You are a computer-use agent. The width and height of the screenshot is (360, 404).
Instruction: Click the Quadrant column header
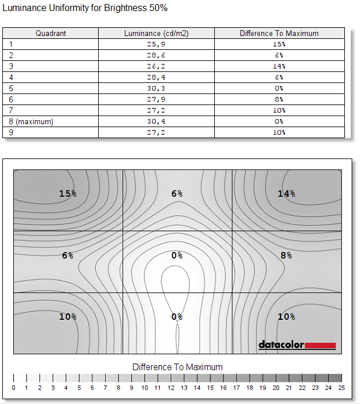pos(51,33)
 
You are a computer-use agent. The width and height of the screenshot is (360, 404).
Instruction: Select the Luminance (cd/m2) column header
pos(156,33)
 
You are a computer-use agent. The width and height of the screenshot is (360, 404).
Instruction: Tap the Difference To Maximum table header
pos(279,33)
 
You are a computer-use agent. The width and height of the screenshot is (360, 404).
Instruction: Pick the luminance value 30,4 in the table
pos(156,121)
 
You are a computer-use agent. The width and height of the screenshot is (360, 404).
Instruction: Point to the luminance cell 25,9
pos(156,44)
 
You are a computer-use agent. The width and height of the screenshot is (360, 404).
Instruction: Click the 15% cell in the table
pos(279,44)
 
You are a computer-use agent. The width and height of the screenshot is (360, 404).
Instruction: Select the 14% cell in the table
pos(279,66)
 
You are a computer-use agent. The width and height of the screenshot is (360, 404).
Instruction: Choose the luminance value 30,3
pos(156,88)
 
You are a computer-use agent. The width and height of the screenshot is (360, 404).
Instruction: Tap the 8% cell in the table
pos(279,99)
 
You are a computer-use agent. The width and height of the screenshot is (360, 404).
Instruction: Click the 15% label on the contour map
pos(68,193)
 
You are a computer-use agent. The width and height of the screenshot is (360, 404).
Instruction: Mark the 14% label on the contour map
pos(286,193)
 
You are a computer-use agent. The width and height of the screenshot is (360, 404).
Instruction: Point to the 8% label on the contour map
pos(286,255)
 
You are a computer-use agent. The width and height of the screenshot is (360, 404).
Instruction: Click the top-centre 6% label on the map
pos(177,193)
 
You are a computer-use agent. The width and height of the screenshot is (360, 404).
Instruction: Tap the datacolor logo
pos(297,345)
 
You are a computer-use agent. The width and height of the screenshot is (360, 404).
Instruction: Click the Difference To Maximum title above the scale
pos(177,367)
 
